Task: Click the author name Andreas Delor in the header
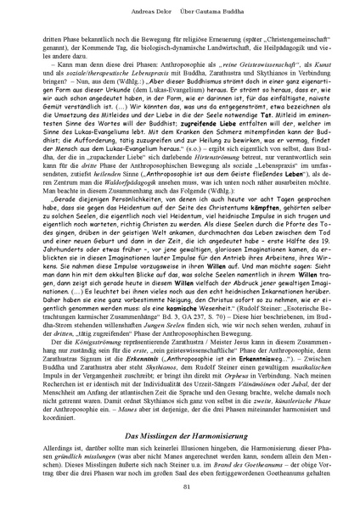(x=140, y=11)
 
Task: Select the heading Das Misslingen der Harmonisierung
(x=180, y=411)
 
